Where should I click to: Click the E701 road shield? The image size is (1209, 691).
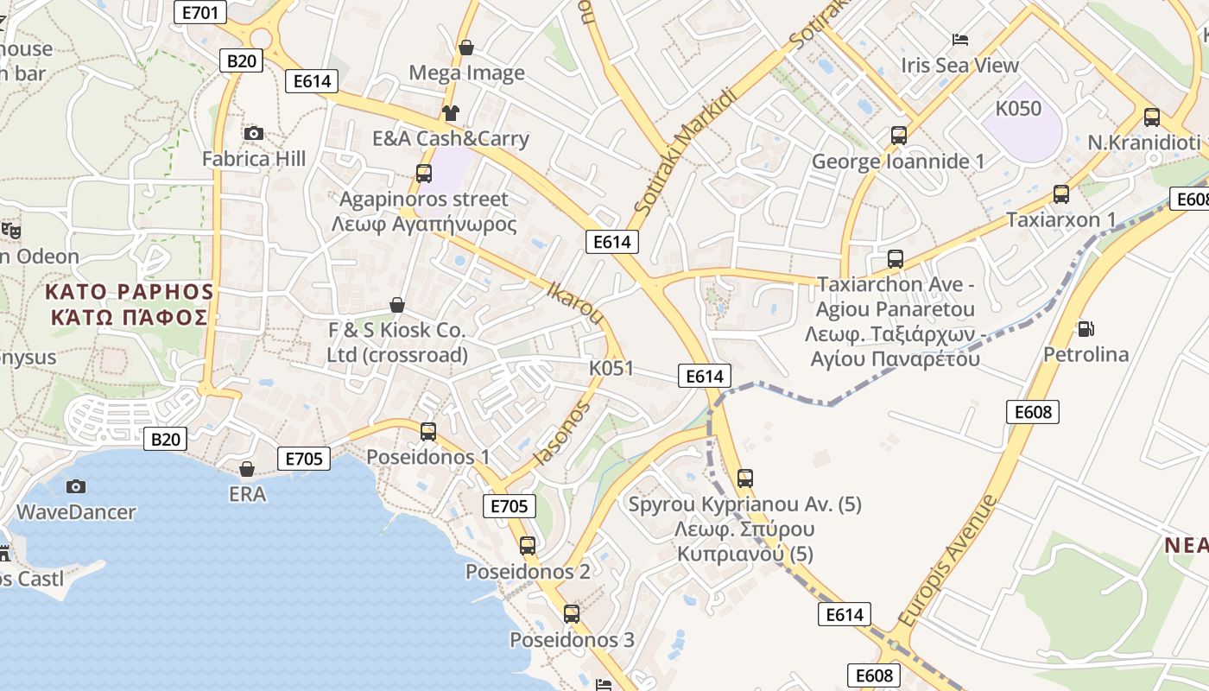click(x=200, y=12)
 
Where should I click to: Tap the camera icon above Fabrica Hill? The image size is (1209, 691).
click(x=253, y=133)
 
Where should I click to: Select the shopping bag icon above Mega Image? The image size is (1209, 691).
click(x=466, y=47)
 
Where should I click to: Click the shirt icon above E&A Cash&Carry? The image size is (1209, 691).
click(x=450, y=112)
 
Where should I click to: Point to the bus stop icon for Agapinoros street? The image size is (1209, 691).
click(x=423, y=173)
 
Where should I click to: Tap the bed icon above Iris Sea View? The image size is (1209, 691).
click(x=959, y=39)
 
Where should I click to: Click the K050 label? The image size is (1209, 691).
click(x=1018, y=109)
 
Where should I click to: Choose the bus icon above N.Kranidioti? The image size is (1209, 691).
click(x=1151, y=117)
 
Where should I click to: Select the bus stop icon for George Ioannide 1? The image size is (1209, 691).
click(x=898, y=136)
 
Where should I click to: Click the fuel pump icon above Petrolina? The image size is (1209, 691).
click(x=1086, y=328)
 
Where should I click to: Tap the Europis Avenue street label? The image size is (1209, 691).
click(x=947, y=562)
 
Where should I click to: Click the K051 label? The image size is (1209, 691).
click(x=611, y=368)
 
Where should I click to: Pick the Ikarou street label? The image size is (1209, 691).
click(x=575, y=302)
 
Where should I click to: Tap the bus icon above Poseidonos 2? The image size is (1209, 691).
click(x=527, y=546)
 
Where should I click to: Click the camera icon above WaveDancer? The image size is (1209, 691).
click(x=76, y=486)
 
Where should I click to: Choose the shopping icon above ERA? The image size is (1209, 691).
click(x=247, y=469)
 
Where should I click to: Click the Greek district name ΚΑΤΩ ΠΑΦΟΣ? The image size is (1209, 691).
click(x=130, y=317)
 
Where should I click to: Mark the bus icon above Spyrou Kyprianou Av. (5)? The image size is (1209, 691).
click(x=744, y=478)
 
